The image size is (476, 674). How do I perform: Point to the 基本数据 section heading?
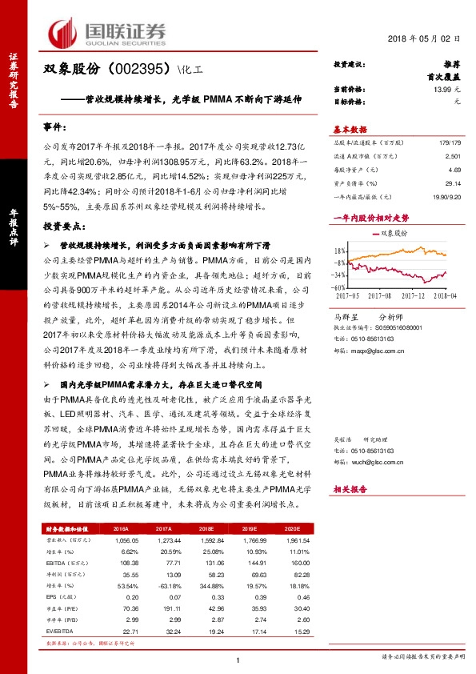350,129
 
